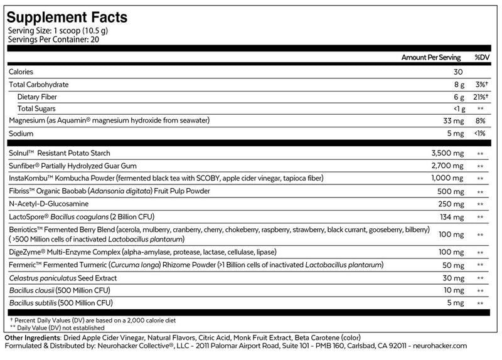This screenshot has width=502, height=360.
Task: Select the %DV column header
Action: click(481, 57)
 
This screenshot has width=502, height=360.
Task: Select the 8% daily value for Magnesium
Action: click(481, 120)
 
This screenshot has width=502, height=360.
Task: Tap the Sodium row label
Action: click(21, 134)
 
